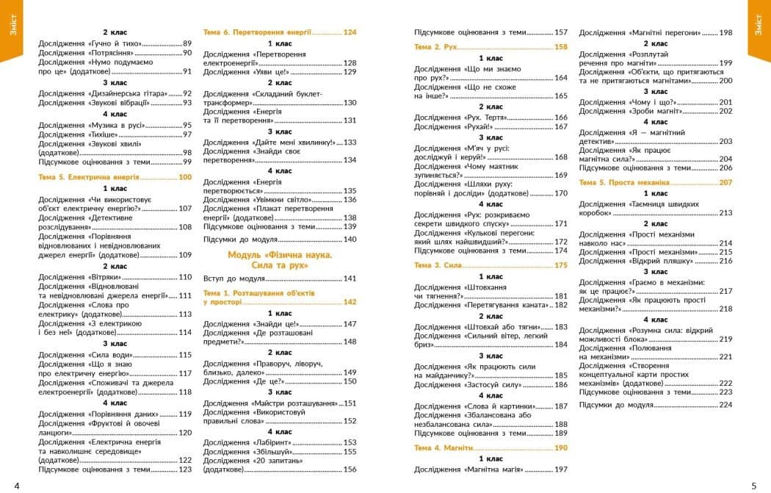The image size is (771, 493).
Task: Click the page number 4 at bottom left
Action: pos(17,485)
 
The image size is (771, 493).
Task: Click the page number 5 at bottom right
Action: pos(753,485)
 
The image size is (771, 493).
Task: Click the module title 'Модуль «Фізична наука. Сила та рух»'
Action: pos(280,260)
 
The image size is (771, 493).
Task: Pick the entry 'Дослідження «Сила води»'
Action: pos(84,355)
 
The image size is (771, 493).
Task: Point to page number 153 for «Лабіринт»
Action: pos(350,442)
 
